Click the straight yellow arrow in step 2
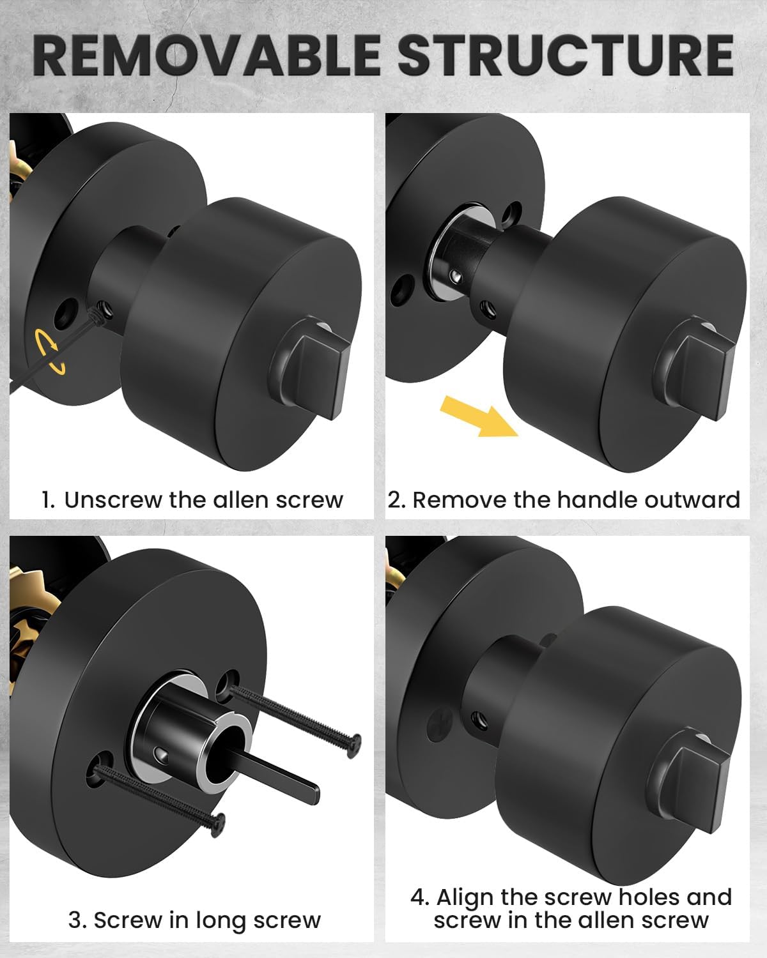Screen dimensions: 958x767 (x=479, y=415)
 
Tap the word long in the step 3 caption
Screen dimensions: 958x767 (x=219, y=920)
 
